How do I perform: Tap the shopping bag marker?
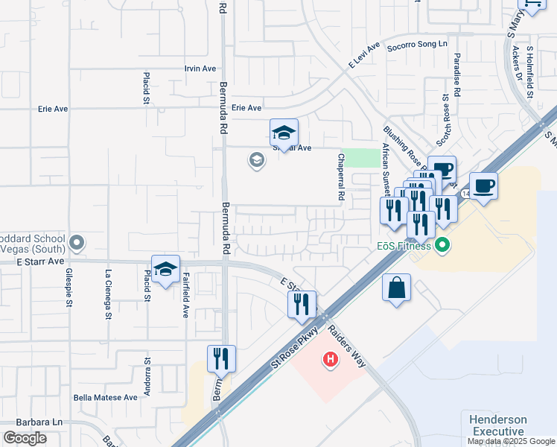[x=397, y=288]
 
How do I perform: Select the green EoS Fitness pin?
[x=442, y=244]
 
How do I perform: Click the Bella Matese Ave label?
[x=105, y=398]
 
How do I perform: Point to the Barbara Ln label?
[x=22, y=421]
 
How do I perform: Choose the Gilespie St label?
[x=69, y=288]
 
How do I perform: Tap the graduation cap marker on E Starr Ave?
[x=165, y=270]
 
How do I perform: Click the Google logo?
[x=25, y=439]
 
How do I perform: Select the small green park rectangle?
[x=364, y=158]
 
